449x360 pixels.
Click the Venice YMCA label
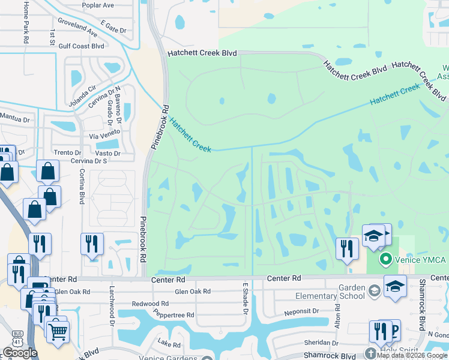click(420, 260)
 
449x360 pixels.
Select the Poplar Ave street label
click(100, 5)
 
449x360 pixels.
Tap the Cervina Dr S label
click(89, 160)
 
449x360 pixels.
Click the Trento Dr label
click(67, 153)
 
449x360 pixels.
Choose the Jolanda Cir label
click(83, 96)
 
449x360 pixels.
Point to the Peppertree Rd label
click(173, 315)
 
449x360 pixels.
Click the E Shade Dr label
click(245, 298)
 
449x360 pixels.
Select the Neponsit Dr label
click(302, 311)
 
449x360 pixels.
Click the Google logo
click(20, 353)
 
